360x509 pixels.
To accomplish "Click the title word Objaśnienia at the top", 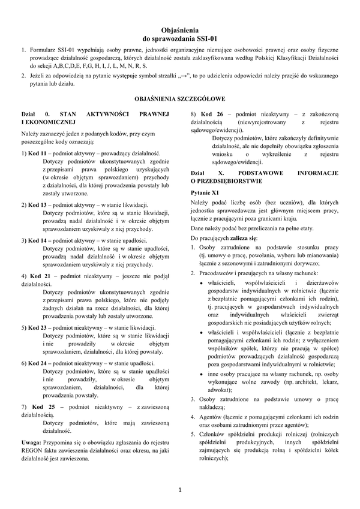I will pyautogui.click(x=180, y=29).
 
